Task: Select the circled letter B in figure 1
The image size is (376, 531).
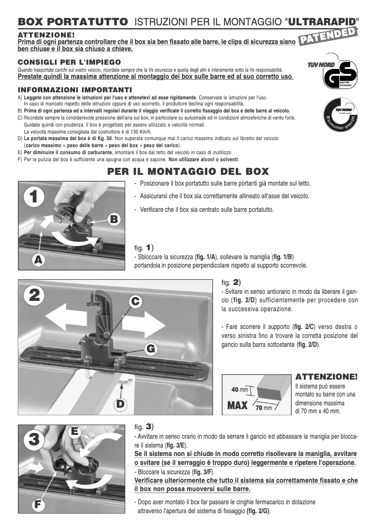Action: pyautogui.click(x=115, y=219)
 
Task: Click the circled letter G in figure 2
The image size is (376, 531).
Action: pyautogui.click(x=150, y=349)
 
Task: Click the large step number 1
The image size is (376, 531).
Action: pyautogui.click(x=31, y=197)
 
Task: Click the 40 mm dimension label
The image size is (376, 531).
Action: pyautogui.click(x=240, y=389)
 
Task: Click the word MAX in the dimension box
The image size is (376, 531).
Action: pyautogui.click(x=237, y=405)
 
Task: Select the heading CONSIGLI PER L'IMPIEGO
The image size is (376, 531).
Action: pyautogui.click(x=69, y=62)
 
